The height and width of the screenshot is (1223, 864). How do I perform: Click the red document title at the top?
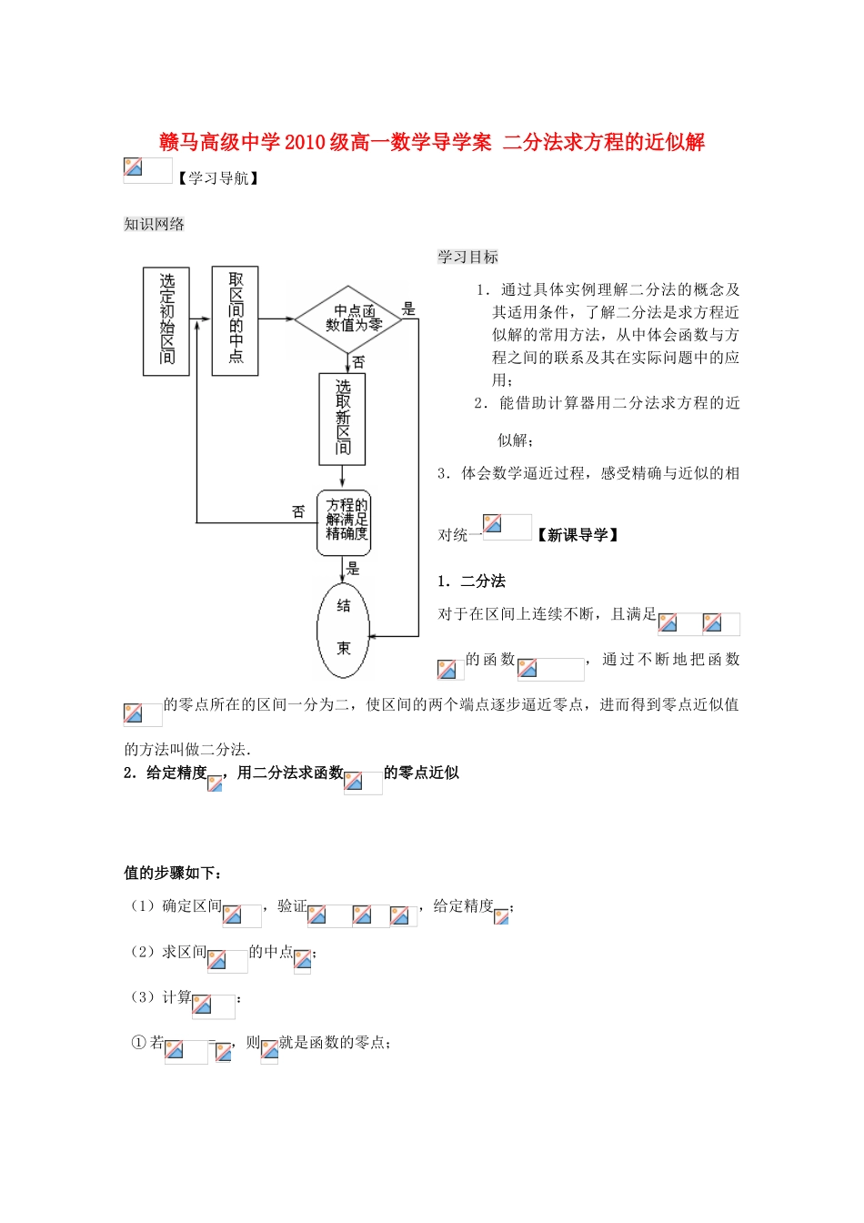tap(432, 142)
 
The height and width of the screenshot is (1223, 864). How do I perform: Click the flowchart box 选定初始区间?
tap(166, 320)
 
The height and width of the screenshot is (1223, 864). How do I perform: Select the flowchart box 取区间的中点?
tap(235, 320)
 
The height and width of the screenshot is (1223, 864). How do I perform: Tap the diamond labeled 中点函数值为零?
tap(349, 318)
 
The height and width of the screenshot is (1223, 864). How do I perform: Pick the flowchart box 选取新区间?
tap(342, 419)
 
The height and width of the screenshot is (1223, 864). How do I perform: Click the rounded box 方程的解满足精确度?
tap(344, 523)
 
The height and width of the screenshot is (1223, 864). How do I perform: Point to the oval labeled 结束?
tap(343, 629)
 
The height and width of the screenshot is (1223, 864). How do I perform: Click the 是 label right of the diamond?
tap(408, 308)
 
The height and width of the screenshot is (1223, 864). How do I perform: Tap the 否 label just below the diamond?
tap(359, 362)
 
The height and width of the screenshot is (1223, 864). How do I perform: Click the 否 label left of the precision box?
tap(298, 511)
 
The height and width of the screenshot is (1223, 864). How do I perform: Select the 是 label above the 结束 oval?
tap(354, 569)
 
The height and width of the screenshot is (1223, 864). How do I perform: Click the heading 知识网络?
tap(154, 224)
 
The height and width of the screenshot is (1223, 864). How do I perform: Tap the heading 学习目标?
tap(467, 257)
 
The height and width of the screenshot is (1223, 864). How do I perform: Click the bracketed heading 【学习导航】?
tap(218, 178)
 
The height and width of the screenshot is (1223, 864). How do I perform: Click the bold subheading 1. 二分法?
tap(471, 581)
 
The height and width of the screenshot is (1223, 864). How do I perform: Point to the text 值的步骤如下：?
tap(173, 873)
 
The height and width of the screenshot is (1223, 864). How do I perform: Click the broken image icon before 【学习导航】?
tap(134, 168)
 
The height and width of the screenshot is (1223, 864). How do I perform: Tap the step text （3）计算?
tap(161, 997)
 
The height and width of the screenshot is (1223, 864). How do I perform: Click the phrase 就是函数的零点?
tap(335, 1043)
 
